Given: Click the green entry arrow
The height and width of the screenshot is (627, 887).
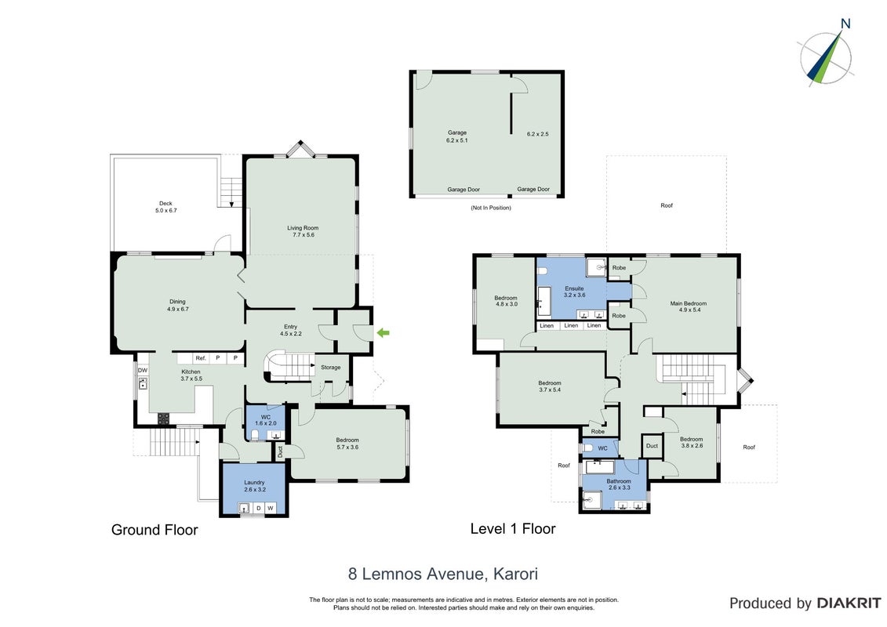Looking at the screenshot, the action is tap(383, 333).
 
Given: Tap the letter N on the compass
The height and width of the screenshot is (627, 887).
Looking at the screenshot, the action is tap(845, 24).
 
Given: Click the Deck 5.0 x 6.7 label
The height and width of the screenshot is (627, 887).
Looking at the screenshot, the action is tap(165, 207).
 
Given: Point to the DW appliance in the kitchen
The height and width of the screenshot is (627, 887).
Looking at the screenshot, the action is tap(143, 370).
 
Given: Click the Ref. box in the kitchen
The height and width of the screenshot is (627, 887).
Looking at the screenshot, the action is tap(201, 358).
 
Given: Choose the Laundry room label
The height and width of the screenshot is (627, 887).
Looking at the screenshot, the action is tap(255, 486).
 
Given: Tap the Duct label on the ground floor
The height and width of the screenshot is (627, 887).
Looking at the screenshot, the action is tap(280, 452).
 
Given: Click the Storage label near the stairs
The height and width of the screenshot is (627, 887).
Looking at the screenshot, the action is tap(331, 368).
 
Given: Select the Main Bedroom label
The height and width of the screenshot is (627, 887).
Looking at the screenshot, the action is tap(689, 306).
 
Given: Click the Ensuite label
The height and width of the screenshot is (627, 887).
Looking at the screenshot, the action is tap(574, 292).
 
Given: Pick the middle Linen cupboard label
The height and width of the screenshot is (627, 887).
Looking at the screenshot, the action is tap(572, 326).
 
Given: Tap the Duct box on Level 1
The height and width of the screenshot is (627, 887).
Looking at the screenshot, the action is tap(653, 445).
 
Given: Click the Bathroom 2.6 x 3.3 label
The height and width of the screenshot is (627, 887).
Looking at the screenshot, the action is tap(619, 484).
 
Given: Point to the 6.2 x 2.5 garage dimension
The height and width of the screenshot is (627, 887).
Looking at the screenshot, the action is tap(537, 134).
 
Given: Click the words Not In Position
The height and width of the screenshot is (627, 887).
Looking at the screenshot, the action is tap(490, 208).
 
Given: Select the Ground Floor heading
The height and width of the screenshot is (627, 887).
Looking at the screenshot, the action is tap(154, 530).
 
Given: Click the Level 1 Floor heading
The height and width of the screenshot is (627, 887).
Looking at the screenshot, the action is tap(513, 528).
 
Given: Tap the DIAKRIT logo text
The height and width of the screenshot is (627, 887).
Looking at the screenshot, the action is tap(849, 603).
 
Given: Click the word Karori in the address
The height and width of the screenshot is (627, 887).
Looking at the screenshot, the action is tap(515, 574).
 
